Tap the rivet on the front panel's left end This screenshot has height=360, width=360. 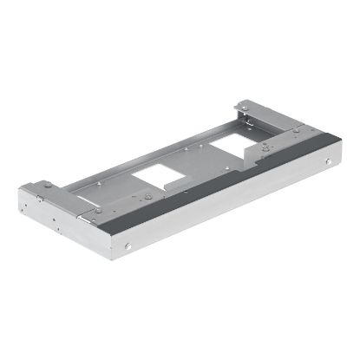(128, 246)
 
